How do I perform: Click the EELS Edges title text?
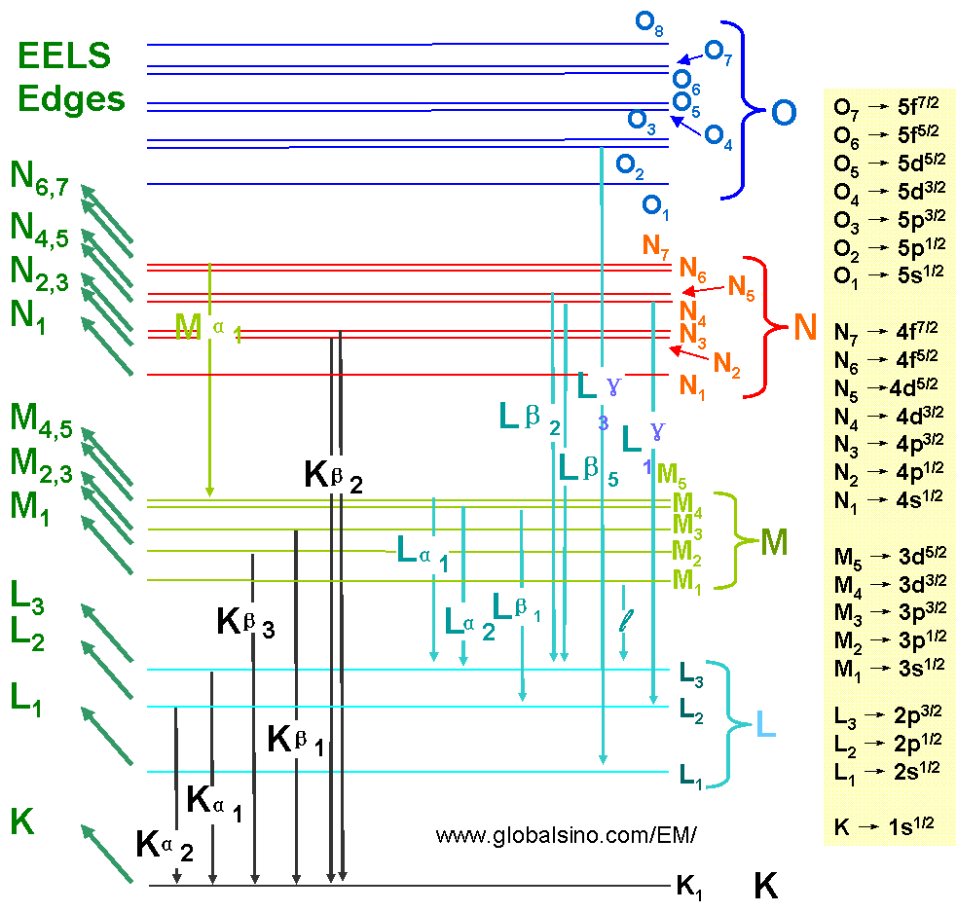pyautogui.click(x=71, y=77)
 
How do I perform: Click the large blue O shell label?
pyautogui.click(x=783, y=114)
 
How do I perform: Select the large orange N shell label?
pyautogui.click(x=803, y=328)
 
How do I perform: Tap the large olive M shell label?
pyautogui.click(x=774, y=541)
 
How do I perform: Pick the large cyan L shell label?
pyautogui.click(x=765, y=725)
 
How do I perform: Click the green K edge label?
pyautogui.click(x=22, y=822)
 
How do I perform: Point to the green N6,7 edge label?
pyautogui.click(x=39, y=177)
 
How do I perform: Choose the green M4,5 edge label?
pyautogui.click(x=41, y=418)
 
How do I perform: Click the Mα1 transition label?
pyautogui.click(x=207, y=328)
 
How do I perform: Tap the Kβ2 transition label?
pyautogui.click(x=343, y=474)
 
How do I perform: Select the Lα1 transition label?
pyautogui.click(x=422, y=554)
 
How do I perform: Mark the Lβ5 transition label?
pyautogui.click(x=588, y=467)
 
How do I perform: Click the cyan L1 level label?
pyautogui.click(x=689, y=775)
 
